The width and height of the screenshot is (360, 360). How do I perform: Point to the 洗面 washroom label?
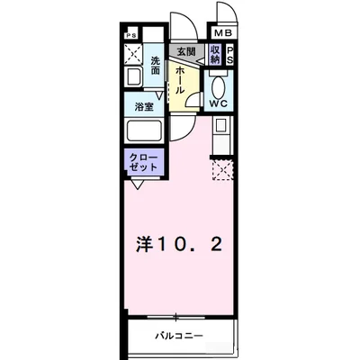156,66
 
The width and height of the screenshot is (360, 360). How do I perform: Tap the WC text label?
218,104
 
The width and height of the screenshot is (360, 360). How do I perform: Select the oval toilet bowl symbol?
218,86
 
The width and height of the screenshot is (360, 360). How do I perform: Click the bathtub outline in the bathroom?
143,131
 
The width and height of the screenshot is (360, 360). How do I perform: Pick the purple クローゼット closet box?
144,163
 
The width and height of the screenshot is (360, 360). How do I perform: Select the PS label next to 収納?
230,54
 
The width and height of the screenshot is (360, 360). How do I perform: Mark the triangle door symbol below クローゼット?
136,185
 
